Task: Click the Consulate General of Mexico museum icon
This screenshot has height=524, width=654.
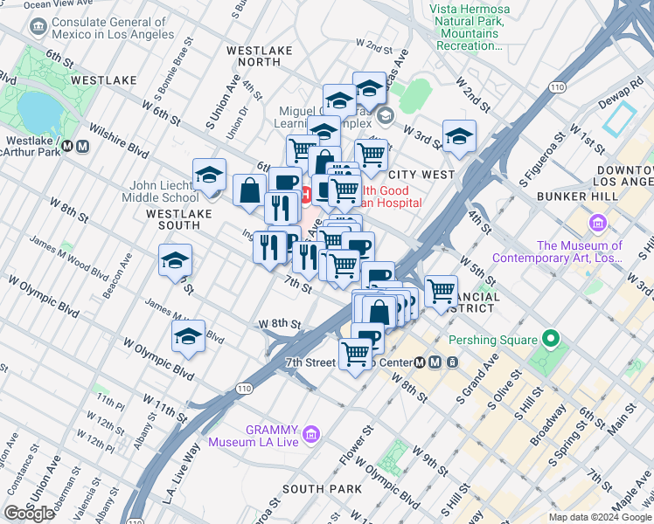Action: (38, 28)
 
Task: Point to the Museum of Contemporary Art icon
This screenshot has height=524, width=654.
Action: (598, 224)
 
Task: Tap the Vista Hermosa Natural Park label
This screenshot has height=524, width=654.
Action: (470, 27)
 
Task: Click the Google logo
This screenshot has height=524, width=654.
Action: (30, 514)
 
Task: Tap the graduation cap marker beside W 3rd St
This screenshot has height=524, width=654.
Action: (459, 137)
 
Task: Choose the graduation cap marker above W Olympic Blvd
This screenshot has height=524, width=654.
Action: (188, 337)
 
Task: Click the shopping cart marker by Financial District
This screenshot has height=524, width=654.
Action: (442, 289)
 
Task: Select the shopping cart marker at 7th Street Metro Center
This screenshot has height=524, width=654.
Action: (356, 354)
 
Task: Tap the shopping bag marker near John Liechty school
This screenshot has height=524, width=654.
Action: (250, 190)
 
